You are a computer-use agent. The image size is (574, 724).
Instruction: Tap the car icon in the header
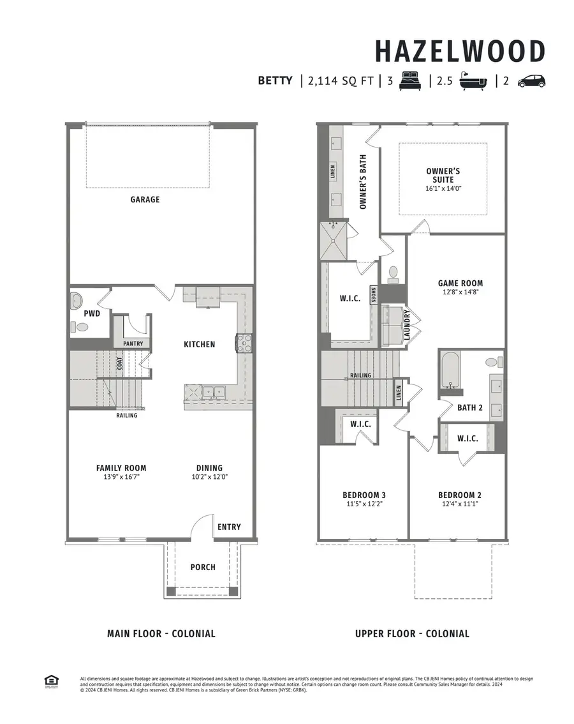(x=531, y=81)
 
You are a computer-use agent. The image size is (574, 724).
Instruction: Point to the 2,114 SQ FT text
(x=340, y=81)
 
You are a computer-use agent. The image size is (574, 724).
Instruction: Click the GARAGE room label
(x=145, y=199)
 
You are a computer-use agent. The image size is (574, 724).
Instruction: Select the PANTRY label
(x=132, y=343)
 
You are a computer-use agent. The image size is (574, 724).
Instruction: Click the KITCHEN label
(x=199, y=344)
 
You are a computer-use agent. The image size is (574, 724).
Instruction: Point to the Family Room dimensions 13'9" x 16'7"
(x=121, y=476)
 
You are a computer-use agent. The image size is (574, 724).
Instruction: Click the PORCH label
(x=203, y=567)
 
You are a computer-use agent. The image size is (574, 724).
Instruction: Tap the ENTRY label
(x=229, y=527)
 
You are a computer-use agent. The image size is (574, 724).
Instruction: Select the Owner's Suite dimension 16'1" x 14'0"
(x=443, y=189)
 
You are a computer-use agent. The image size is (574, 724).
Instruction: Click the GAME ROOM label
(x=460, y=283)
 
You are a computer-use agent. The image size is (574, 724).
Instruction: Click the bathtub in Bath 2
(x=450, y=370)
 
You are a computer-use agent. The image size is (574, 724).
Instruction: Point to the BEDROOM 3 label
(x=364, y=495)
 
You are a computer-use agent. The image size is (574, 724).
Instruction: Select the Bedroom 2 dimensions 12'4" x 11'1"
(x=459, y=504)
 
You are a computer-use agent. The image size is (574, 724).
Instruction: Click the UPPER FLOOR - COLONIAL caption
(x=412, y=634)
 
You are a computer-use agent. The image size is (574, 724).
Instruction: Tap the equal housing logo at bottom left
(x=50, y=681)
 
